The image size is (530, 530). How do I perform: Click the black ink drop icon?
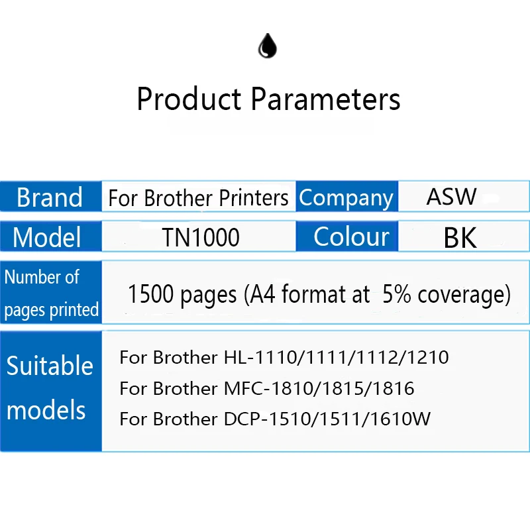point(267,46)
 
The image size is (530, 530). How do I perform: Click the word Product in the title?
point(189,99)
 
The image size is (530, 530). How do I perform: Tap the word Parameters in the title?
point(325,99)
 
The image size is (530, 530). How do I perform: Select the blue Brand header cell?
point(50,197)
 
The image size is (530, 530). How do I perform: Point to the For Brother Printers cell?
point(198,197)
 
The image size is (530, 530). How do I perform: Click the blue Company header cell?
point(346,197)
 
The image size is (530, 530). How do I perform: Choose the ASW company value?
point(451,197)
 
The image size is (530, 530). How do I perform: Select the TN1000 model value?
point(201,237)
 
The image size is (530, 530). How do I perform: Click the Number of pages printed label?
point(50,293)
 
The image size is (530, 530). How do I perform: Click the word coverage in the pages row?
point(464,293)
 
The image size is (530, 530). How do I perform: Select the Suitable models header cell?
point(50,388)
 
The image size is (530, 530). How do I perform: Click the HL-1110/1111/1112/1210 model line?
point(284,358)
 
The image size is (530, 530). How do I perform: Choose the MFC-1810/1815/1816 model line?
point(267,388)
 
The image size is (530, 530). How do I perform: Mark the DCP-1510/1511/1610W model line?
point(276,419)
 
